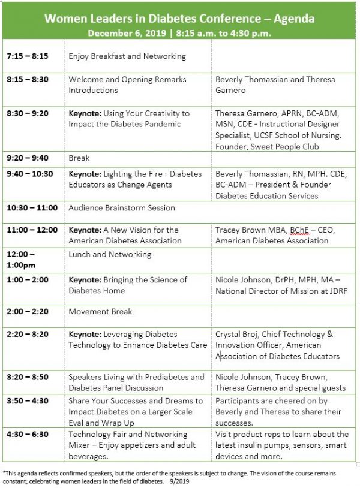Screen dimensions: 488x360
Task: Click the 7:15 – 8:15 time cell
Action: point(28,56)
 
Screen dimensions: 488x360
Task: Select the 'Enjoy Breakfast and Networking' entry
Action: point(127,56)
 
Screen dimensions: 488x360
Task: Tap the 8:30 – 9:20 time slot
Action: point(28,113)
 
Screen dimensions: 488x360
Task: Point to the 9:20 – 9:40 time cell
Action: point(28,158)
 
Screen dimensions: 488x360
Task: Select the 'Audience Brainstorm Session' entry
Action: point(122,208)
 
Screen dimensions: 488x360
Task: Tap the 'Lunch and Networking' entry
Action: point(110,254)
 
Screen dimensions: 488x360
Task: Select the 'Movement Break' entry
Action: point(100,312)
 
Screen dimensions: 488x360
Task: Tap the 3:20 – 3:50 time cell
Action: point(28,378)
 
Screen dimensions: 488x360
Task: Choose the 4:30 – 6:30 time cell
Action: point(28,434)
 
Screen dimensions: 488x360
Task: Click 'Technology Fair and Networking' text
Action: point(128,434)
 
